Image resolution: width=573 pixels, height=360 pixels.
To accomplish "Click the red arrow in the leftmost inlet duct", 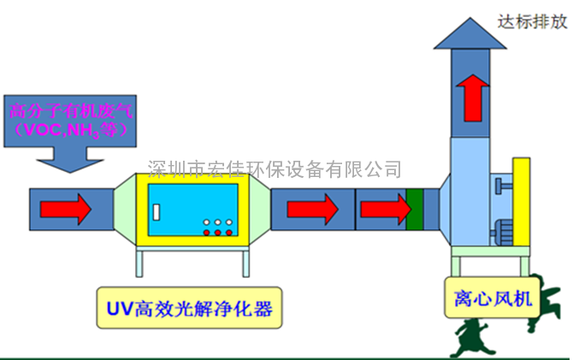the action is pos(66,209).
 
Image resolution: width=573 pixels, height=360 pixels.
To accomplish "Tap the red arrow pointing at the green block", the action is pos(387,209).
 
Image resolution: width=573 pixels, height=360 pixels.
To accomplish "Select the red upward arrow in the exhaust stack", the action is pos(472,98).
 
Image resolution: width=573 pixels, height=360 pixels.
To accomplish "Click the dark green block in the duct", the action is pos(415,210).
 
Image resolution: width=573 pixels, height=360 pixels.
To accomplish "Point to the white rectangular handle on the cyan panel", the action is pos(157,212).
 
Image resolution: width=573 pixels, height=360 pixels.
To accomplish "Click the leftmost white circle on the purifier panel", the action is pos(206,222).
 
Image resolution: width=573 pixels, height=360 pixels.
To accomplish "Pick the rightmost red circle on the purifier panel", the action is pos(229,233).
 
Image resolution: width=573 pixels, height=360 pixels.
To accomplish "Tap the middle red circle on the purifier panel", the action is pos(218,233).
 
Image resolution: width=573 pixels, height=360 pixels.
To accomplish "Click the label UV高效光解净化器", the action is pos(189,308).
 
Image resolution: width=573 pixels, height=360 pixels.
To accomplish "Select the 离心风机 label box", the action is pos(493,298).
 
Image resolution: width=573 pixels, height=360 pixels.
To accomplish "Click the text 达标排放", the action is pos(532,22).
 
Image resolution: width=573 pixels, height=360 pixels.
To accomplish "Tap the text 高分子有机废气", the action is pos(71,111).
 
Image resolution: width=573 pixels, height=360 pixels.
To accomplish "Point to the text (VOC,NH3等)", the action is pos(71,130).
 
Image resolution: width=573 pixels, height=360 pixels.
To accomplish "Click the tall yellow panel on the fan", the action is pos(522,202).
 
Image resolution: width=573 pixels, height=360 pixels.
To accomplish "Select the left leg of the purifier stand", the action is pos(139,263).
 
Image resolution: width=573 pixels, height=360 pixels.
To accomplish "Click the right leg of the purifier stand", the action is pos(246,263).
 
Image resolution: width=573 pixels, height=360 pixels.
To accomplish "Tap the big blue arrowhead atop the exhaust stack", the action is pos(470,33).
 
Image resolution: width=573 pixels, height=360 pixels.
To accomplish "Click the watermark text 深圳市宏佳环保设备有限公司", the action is pos(274,169).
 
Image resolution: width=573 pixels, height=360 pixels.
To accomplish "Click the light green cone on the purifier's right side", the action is pos(260,209).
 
